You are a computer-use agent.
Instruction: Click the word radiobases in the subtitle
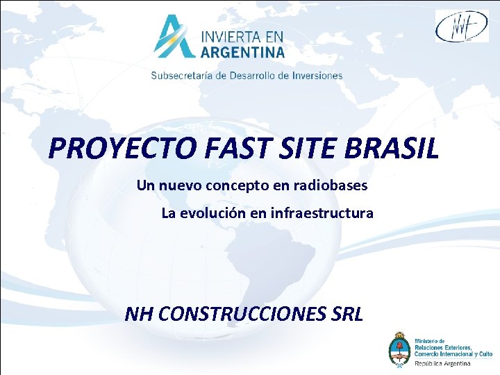point(332,185)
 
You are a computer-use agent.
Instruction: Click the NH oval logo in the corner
point(461,27)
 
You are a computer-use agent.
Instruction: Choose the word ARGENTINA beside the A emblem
point(243,52)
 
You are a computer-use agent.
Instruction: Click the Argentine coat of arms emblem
point(400,349)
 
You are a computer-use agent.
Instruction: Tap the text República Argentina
point(442,363)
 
